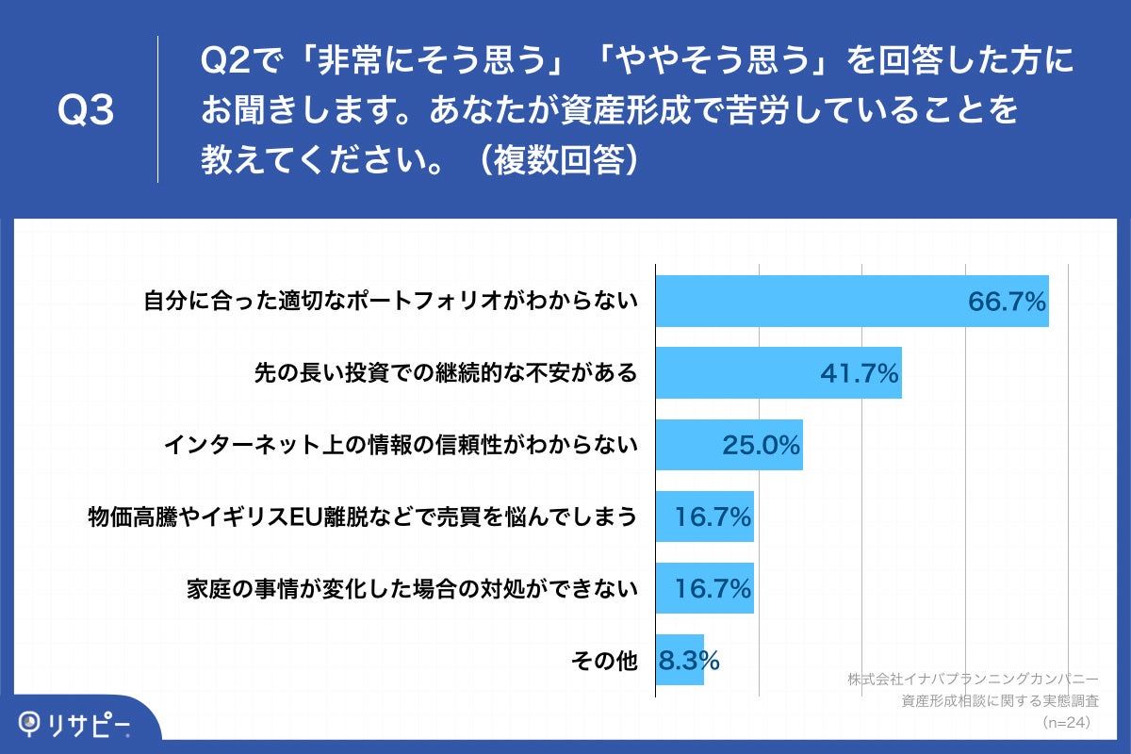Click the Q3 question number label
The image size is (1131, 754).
pyautogui.click(x=86, y=111)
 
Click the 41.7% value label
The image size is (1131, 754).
pyautogui.click(x=860, y=374)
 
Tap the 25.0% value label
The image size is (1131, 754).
pyautogui.click(x=762, y=446)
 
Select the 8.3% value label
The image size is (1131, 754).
pyautogui.click(x=689, y=661)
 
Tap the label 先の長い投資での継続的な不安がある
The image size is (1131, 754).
pyautogui.click(x=446, y=373)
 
